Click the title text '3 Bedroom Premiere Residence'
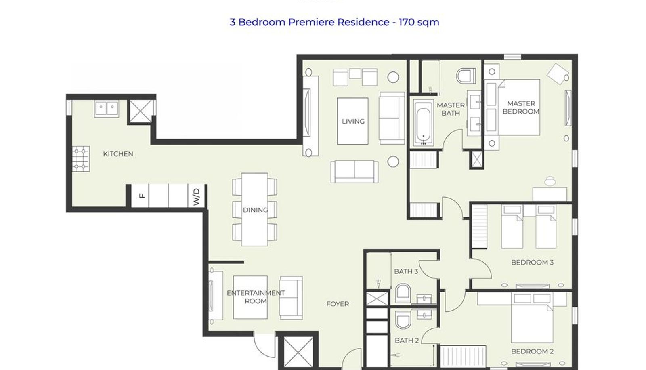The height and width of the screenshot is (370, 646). pos(309,22)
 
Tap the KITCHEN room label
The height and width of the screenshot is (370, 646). pos(118,154)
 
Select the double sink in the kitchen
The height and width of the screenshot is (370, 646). pos(107,109)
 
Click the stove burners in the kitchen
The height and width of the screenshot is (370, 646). pos(81,159)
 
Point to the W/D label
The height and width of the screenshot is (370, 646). pos(196,197)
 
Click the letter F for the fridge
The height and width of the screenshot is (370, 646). pos(142,196)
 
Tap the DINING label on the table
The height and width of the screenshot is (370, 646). pos(256,210)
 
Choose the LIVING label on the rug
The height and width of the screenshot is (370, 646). pos(353,122)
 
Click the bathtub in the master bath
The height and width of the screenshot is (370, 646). pos(424,123)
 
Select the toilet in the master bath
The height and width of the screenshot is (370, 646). pos(466,76)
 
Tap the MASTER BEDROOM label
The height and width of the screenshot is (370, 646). pos(521,107)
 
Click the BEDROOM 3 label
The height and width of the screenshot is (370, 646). pos(532,262)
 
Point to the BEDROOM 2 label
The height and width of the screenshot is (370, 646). pos(532,351)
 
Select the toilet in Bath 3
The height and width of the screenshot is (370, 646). pos(403,293)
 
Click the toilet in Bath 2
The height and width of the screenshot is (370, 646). pos(403,320)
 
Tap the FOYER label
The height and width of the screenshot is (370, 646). pos(338,304)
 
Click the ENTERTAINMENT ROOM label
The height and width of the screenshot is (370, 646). pos(256,297)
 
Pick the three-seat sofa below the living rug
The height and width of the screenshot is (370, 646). pos(354,172)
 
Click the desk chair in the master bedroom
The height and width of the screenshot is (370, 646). pos(550,181)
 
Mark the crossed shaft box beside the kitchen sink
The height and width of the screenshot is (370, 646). pos(141,111)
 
